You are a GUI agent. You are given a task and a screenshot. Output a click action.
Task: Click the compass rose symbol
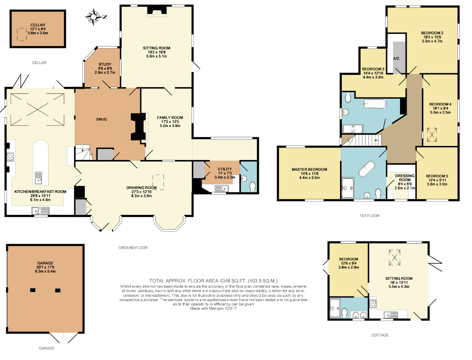(94, 17)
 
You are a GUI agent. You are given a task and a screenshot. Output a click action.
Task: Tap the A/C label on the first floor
(396, 59)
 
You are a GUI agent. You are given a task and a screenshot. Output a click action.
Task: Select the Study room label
(105, 64)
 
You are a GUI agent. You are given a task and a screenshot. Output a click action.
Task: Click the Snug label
(101, 119)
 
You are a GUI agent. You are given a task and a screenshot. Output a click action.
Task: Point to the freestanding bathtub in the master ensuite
(367, 169)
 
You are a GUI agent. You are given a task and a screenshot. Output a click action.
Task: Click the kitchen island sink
(39, 178)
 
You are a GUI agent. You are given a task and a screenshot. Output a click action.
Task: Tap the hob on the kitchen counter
(11, 156)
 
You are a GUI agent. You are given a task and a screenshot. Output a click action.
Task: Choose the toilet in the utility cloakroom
(253, 187)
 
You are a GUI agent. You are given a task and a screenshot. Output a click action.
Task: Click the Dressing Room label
(405, 178)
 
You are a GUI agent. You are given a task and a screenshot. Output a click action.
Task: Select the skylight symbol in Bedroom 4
(432, 135)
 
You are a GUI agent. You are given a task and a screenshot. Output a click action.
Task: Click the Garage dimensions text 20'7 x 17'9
(45, 267)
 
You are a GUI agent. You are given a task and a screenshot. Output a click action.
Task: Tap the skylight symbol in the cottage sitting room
(395, 257)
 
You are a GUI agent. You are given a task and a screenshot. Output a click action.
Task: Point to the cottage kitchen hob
(372, 304)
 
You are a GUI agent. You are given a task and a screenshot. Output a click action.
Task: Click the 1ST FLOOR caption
(370, 215)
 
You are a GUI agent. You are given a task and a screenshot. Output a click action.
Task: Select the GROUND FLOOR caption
(133, 248)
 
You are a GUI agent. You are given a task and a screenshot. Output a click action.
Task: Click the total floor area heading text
(213, 281)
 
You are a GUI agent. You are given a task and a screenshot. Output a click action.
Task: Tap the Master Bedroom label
(309, 169)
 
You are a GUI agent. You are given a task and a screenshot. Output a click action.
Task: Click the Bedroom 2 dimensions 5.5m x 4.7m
(432, 41)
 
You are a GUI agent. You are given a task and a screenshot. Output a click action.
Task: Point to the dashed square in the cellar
(22, 34)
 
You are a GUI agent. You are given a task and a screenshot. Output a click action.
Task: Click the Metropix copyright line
(213, 309)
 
